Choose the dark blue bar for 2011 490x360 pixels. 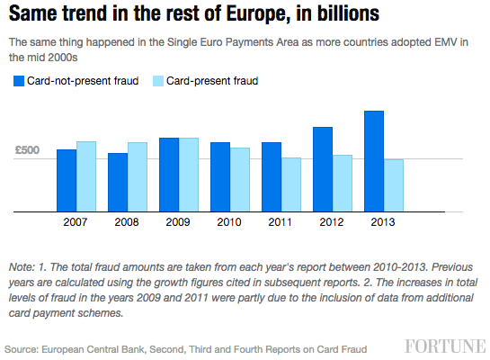point(272,175)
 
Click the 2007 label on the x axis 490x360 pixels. point(76,221)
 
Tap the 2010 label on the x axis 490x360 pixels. point(229,221)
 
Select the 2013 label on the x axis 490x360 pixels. point(383,221)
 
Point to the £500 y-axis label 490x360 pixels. point(27,150)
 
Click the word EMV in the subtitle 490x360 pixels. point(441,42)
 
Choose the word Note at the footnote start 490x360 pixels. point(22,267)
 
